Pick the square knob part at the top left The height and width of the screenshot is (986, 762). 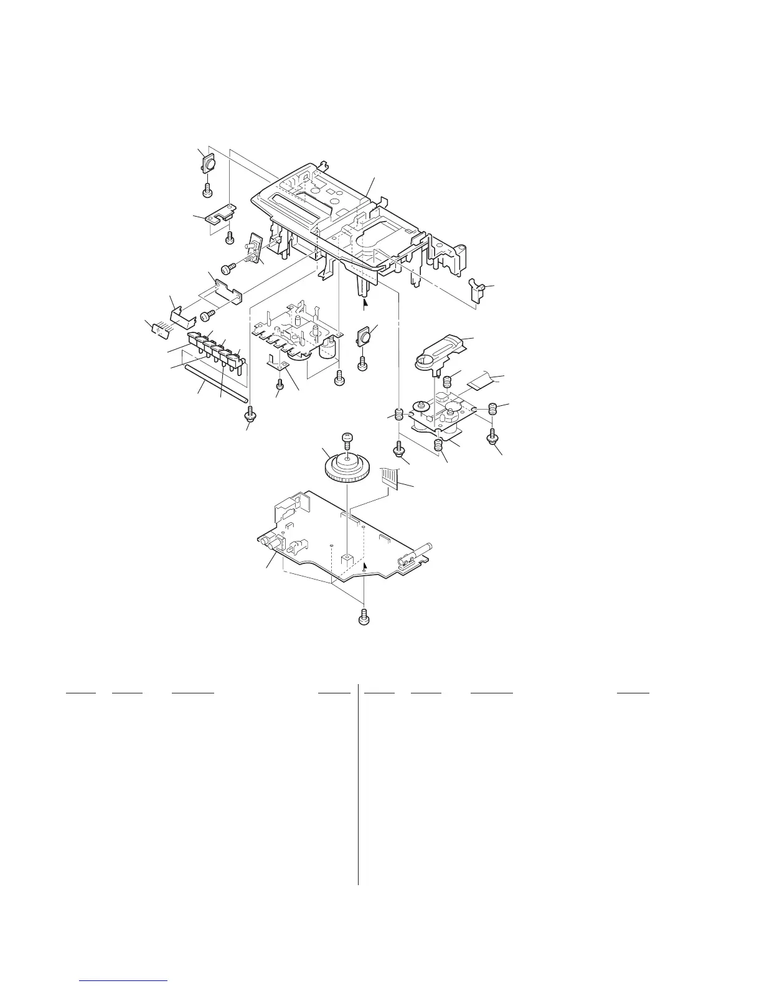(209, 164)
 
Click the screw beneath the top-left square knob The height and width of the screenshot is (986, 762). (208, 188)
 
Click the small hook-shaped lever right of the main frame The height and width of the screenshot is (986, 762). (478, 288)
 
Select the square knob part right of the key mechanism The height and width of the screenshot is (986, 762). (364, 338)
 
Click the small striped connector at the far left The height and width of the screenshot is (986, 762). (159, 328)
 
